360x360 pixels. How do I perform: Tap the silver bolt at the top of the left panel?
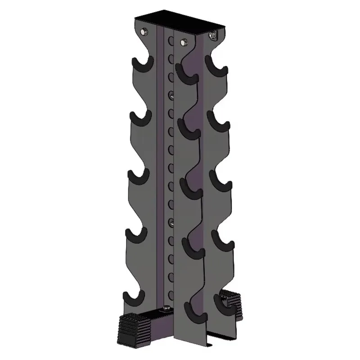click(x=144, y=31)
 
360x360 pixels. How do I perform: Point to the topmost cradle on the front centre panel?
click(x=185, y=73)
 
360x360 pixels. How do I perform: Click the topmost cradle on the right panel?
click(x=216, y=64)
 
